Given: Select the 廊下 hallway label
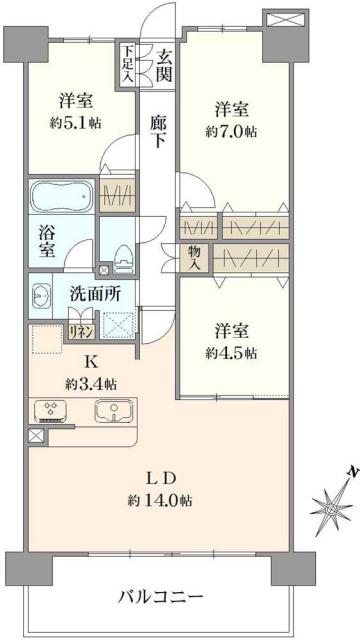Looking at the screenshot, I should pos(158,127).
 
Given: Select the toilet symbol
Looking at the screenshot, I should pos(121,257).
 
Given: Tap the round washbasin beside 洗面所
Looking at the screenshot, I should pos(42,297).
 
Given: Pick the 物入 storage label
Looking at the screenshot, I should pos(194,257).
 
